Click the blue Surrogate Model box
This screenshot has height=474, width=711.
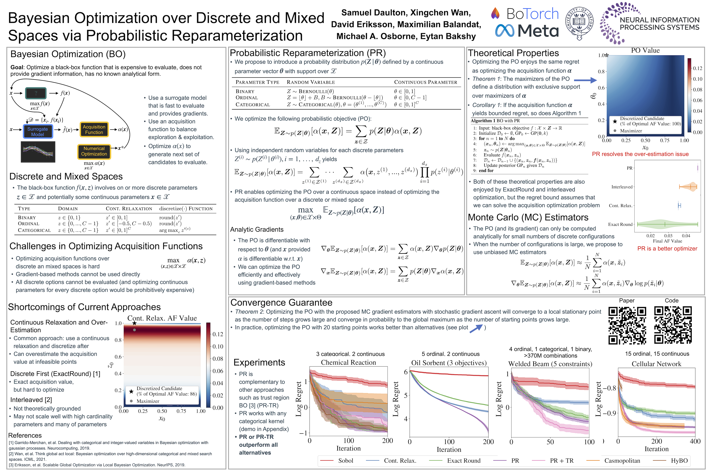(x=38, y=132)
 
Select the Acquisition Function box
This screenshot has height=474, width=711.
(x=94, y=129)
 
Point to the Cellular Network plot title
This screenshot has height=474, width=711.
(x=656, y=364)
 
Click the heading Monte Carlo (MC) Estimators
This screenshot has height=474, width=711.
(x=528, y=217)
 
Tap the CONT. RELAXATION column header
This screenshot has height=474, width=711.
(x=129, y=209)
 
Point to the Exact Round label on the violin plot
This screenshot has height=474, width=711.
(x=620, y=224)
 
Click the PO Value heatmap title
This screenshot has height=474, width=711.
(x=645, y=51)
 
